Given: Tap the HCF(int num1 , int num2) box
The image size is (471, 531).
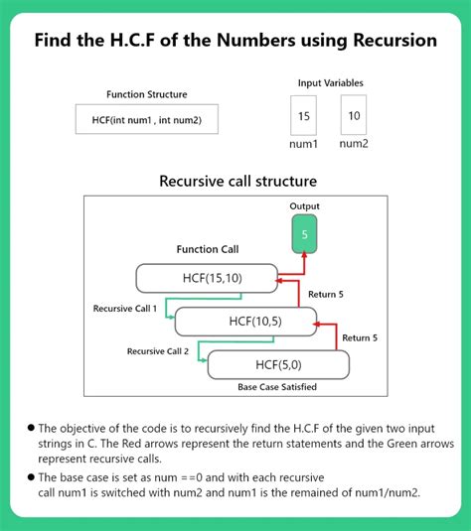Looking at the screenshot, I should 146,120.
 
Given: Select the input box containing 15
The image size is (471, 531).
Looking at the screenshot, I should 303,115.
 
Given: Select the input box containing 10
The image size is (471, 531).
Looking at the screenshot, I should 354,115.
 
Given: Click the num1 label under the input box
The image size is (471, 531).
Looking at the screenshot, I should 303,144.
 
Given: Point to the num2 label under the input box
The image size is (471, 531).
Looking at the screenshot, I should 354,144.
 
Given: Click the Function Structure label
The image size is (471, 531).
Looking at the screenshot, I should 146,95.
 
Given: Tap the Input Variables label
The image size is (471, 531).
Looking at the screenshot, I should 329,82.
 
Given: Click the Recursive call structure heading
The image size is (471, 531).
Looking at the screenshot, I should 237,182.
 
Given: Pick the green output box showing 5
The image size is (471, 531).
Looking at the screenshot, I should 304,236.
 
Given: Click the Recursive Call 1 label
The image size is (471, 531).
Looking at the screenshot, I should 125,309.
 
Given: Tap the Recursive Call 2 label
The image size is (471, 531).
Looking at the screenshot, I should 159,350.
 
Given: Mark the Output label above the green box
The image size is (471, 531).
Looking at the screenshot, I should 304,206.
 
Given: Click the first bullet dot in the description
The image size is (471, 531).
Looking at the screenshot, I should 31,427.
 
